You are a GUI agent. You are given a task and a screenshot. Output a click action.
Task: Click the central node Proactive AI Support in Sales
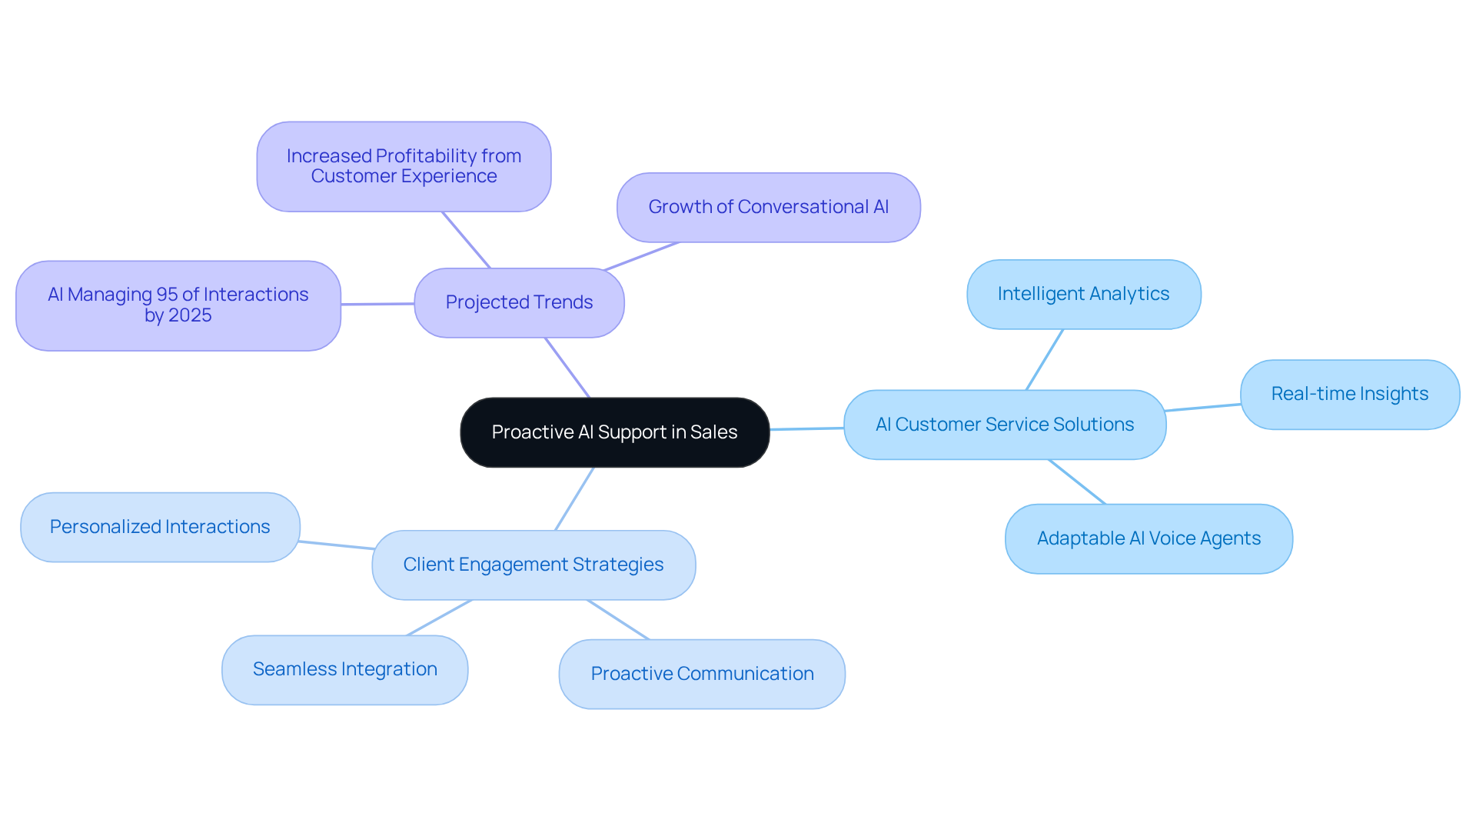(x=614, y=432)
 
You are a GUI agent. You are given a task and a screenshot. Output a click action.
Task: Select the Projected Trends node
(x=519, y=302)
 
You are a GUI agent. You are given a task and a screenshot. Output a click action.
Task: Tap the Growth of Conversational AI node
(x=768, y=207)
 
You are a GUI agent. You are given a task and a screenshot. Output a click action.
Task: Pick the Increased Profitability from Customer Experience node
(x=404, y=166)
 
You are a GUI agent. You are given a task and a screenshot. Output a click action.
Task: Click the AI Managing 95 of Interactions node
(x=178, y=305)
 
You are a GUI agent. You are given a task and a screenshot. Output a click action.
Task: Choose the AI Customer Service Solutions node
(x=1004, y=425)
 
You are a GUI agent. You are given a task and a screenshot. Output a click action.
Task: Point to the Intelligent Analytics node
(x=1083, y=294)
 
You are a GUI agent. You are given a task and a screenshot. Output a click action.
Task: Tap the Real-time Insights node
(x=1349, y=394)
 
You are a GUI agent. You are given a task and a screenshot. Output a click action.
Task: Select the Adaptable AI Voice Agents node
(x=1149, y=538)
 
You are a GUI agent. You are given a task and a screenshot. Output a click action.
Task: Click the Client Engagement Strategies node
(x=533, y=565)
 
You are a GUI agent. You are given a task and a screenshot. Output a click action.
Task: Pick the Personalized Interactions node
(x=160, y=527)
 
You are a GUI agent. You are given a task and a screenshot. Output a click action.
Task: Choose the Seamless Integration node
(x=344, y=669)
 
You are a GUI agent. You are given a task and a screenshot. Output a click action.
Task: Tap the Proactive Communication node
(x=702, y=674)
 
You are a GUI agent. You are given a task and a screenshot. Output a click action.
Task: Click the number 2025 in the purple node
(x=190, y=316)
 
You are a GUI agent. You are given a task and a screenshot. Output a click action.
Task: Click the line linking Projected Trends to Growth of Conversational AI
(x=641, y=256)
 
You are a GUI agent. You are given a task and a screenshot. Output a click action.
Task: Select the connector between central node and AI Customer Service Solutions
(x=806, y=428)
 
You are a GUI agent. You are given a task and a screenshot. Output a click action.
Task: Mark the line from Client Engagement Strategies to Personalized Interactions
(x=336, y=545)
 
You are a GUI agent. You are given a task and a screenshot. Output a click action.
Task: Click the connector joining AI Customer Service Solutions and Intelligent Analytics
(x=1044, y=360)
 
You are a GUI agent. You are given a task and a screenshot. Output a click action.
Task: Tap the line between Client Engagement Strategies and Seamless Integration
(x=439, y=618)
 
